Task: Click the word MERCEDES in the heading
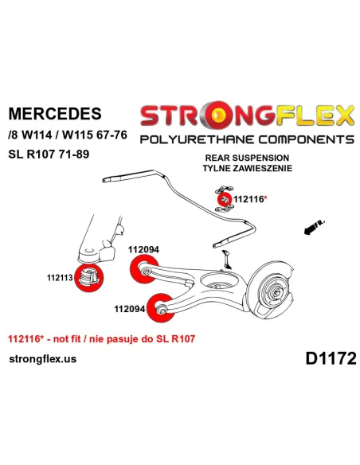pyautogui.click(x=55, y=113)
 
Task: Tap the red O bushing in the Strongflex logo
pyautogui.click(x=217, y=115)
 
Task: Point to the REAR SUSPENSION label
pyautogui.click(x=247, y=158)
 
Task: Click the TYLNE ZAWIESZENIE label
pyautogui.click(x=248, y=168)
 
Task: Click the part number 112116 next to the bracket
pyautogui.click(x=248, y=199)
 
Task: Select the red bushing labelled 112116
pyautogui.click(x=225, y=199)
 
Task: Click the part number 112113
pyautogui.click(x=60, y=278)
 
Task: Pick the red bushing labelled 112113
pyautogui.click(x=88, y=278)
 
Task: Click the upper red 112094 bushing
pyautogui.click(x=144, y=270)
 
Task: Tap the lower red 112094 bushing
pyautogui.click(x=160, y=308)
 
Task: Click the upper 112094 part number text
pyautogui.click(x=143, y=250)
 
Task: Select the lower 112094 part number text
pyautogui.click(x=130, y=309)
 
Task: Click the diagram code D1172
pyautogui.click(x=331, y=358)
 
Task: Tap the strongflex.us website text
pyautogui.click(x=43, y=359)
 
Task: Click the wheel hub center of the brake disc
pyautogui.click(x=276, y=293)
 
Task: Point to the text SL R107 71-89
pyautogui.click(x=49, y=154)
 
